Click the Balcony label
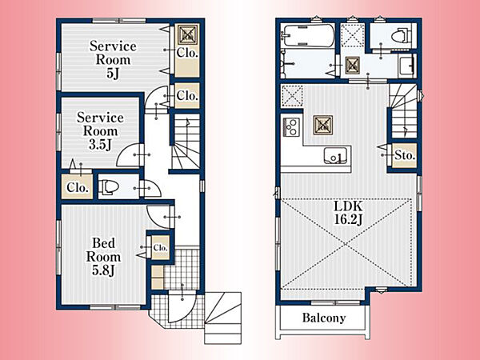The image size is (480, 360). click(x=324, y=318)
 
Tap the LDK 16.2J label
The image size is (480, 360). click(x=348, y=213)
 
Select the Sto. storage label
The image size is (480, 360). click(x=405, y=155)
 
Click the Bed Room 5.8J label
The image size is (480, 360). click(x=103, y=257)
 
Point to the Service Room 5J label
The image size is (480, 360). click(x=113, y=59)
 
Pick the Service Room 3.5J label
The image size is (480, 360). click(x=100, y=131)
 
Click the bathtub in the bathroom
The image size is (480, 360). click(x=308, y=36)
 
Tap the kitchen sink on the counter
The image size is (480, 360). click(x=336, y=155)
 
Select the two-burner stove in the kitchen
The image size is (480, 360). click(x=291, y=126)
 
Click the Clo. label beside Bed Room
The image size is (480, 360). click(x=160, y=247)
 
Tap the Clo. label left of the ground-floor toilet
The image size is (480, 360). click(x=77, y=187)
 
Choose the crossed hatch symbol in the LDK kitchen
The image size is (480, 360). click(x=323, y=125)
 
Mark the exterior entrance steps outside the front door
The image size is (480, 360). click(x=223, y=318)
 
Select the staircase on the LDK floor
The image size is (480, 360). click(x=403, y=111)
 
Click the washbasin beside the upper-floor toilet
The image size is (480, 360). click(x=407, y=66)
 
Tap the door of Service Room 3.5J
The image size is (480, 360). click(x=129, y=155)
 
